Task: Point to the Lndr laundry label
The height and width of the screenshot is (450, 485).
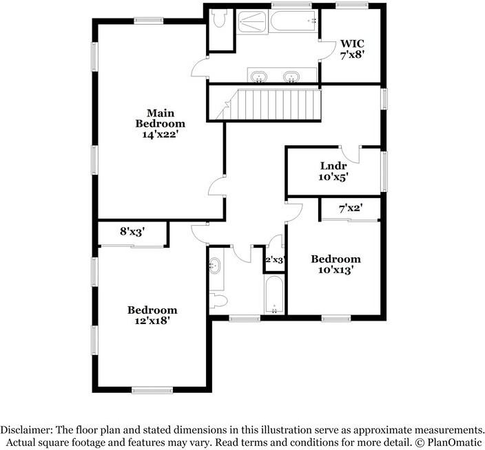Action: [333, 166]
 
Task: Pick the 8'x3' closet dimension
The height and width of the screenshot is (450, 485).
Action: [132, 232]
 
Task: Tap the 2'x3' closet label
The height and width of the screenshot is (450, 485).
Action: [275, 260]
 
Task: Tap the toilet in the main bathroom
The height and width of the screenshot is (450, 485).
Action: [220, 21]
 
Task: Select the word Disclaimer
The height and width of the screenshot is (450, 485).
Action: [28, 428]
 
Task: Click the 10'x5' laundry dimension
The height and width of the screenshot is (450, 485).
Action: [333, 177]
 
